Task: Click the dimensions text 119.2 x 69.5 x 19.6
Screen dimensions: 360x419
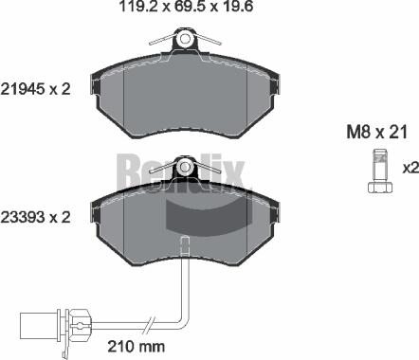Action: [184, 11]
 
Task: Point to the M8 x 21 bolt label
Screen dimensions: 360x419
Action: [373, 131]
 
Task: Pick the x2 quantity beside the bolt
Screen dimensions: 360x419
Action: [410, 168]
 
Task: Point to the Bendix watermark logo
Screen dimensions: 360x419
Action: [181, 171]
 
